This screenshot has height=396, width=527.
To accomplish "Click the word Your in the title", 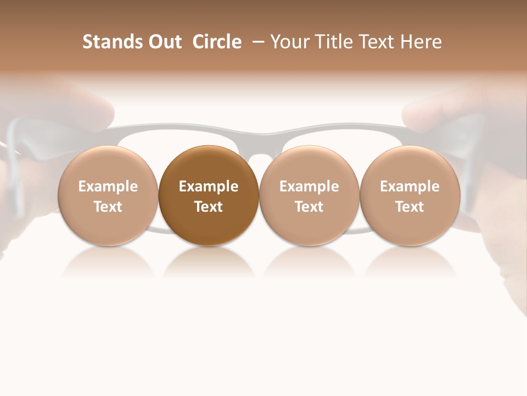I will click(288, 42).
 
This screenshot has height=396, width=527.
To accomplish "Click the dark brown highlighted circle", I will click(209, 195).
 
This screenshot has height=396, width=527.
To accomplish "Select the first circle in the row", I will click(108, 195).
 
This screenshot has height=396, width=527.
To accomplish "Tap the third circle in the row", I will click(309, 195).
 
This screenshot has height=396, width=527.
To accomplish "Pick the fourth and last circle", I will click(410, 195).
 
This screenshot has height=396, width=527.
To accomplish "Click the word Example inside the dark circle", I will click(209, 186).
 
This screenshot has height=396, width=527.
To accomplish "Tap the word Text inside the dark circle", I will click(209, 207).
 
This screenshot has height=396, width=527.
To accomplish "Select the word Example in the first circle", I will click(108, 186).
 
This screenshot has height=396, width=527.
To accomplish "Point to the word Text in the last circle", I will click(410, 207).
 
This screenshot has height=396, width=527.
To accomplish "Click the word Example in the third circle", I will click(309, 186).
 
